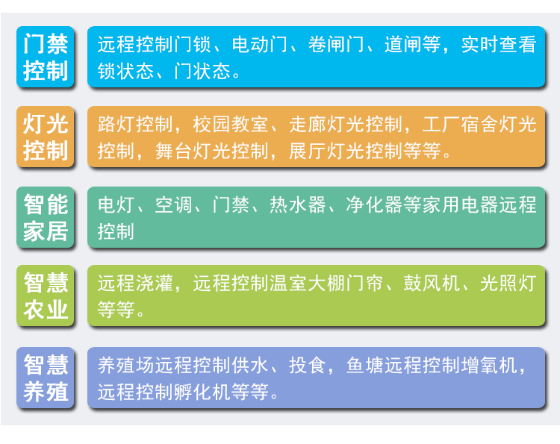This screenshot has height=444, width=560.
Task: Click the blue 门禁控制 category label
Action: point(46,57)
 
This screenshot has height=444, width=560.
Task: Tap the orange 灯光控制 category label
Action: point(46,137)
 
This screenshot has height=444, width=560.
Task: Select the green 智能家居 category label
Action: point(46,217)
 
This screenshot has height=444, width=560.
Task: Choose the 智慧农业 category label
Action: point(46,296)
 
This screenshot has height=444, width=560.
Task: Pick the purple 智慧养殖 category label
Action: point(46,378)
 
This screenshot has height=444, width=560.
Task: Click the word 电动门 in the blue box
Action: point(259,45)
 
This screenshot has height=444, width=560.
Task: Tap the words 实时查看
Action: point(499,45)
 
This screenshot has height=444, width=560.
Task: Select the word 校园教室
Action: point(231,124)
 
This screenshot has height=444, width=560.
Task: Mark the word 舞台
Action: point(174,151)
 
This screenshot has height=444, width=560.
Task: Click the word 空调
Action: point(174,205)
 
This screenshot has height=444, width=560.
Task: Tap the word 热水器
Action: point(297,205)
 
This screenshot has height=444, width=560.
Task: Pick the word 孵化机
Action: point(202,392)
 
